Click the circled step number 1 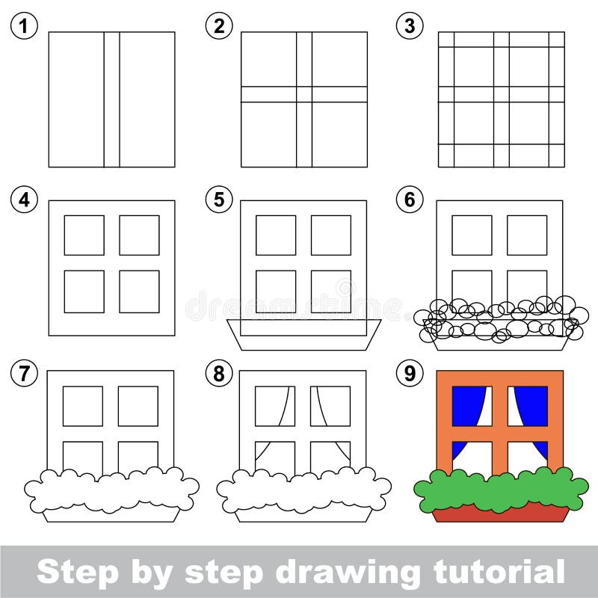coord(25,27)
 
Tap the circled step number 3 coord(409,27)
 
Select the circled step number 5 coord(218,200)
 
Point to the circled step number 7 coord(25,373)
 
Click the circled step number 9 coord(409,373)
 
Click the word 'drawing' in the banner coord(354,572)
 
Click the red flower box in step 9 coord(500,514)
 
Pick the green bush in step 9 coord(500,490)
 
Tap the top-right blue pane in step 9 coord(528,406)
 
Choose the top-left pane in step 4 coord(84,235)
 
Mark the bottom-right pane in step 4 coord(139,292)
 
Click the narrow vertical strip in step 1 coord(111,99)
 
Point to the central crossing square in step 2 coord(303,94)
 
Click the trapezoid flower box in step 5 coord(303,334)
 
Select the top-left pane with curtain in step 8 coord(274,406)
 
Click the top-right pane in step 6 coord(527,235)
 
